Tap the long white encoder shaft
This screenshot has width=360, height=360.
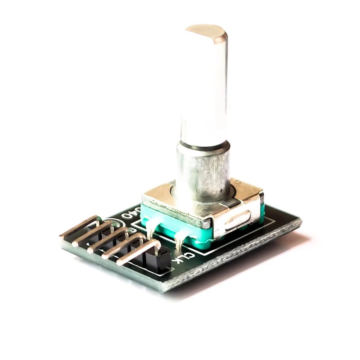click(203, 90)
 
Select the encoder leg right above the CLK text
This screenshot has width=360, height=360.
click(180, 241)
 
